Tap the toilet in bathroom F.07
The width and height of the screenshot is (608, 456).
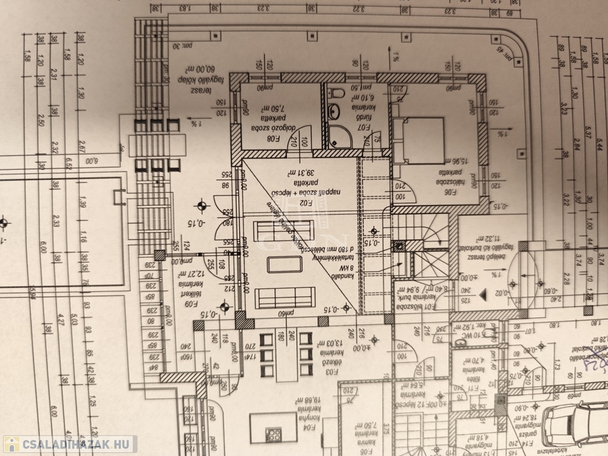pos(337,92)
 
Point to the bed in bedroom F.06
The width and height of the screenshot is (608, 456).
pos(418,140)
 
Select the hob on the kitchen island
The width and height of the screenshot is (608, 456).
pos(274,435)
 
